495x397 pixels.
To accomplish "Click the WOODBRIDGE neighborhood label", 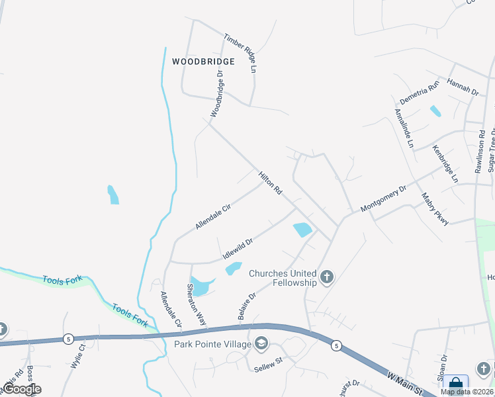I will click(203, 62).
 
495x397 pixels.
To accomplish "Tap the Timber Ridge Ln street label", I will click(240, 52).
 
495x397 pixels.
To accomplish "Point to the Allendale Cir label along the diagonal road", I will click(212, 216).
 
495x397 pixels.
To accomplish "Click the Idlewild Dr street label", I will click(238, 249).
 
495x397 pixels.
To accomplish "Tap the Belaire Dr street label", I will click(246, 306).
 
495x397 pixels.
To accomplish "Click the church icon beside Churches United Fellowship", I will click(326, 277).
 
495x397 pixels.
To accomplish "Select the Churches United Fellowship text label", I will click(283, 278).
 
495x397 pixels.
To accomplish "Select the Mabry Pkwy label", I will click(435, 208).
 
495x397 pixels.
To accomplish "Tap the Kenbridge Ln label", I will click(445, 164).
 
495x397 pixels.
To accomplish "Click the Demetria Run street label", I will click(420, 93).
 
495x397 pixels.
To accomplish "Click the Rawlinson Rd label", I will click(480, 150).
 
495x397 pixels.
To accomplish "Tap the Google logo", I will click(21, 389).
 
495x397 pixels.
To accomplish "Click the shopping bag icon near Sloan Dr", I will click(455, 384).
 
